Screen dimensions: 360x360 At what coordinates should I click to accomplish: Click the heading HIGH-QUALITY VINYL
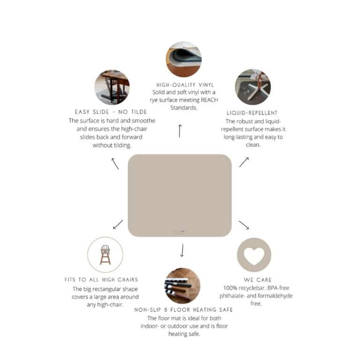185,85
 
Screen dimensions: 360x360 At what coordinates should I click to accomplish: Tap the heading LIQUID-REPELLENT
252,113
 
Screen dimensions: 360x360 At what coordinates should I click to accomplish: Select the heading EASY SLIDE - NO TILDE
111,112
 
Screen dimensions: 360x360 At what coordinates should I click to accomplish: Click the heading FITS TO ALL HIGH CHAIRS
101,280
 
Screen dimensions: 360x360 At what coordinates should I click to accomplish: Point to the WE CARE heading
258,280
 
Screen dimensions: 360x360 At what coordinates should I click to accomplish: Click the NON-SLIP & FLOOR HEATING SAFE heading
183,310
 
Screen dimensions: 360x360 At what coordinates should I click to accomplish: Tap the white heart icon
254,256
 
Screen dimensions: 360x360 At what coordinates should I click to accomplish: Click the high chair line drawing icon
105,255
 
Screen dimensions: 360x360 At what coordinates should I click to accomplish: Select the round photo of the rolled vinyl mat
184,59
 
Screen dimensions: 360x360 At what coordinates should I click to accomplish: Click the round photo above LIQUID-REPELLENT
253,87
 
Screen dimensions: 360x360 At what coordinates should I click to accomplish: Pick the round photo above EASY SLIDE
112,87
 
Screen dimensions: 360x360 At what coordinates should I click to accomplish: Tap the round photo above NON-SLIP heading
182,285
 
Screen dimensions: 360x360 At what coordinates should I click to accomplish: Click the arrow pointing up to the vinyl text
180,131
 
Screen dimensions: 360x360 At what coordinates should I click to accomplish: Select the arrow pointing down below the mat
182,250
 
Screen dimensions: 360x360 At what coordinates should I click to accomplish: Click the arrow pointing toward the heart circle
244,225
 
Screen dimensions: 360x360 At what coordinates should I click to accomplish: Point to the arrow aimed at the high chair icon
118,225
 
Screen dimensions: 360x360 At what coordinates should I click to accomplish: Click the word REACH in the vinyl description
209,100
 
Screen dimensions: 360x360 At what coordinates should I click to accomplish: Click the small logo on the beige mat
180,231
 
